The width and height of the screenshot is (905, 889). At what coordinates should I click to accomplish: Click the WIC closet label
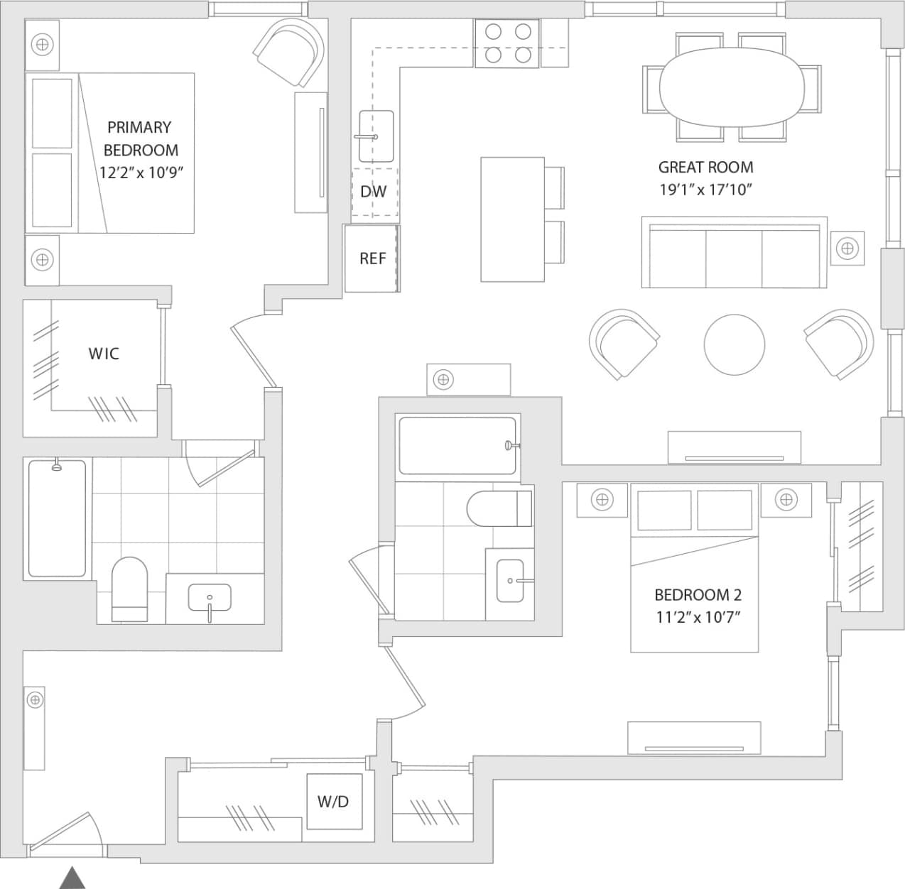pos(104,354)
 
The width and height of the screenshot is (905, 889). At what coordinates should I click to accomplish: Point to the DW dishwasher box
pos(374,191)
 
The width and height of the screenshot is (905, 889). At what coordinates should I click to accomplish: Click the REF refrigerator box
pos(372,258)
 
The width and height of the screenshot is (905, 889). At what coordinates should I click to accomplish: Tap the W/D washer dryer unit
pos(332,802)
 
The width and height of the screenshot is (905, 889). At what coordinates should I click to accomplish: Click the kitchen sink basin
pos(375,136)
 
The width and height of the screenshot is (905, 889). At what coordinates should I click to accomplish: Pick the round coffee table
pos(735,344)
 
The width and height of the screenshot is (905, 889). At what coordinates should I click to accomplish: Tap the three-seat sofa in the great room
pos(734,253)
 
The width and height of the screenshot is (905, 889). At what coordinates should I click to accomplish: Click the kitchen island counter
pos(512,219)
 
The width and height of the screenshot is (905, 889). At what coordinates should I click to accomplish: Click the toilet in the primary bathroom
pos(129,589)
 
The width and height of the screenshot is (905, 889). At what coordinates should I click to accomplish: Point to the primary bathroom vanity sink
pos(210,599)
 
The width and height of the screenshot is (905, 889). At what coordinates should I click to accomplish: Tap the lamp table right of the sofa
pos(846,249)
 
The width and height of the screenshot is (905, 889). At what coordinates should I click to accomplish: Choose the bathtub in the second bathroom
pos(457,446)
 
